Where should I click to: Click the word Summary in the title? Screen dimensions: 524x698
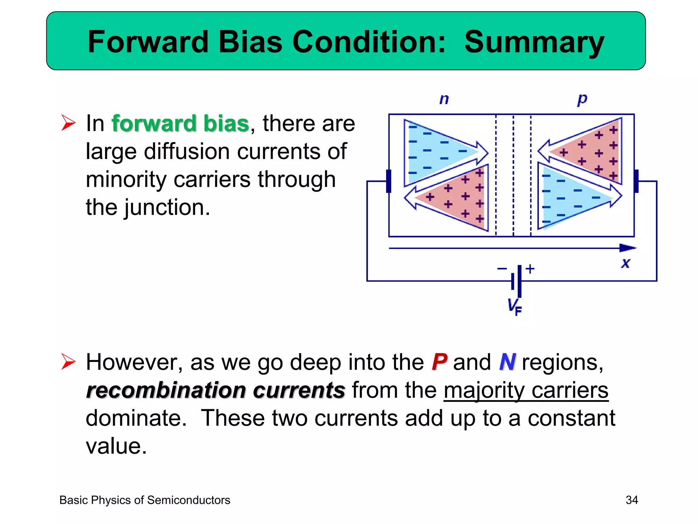click(x=534, y=42)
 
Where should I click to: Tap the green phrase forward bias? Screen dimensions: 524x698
click(x=180, y=123)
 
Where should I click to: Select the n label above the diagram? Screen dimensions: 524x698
click(x=444, y=99)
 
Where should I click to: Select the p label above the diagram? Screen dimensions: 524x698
click(x=582, y=99)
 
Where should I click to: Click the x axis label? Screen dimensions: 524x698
click(x=625, y=263)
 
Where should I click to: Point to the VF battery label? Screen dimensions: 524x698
click(x=514, y=306)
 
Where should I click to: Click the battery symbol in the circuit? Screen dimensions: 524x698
click(x=516, y=281)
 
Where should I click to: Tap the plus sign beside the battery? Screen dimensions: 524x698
click(x=530, y=269)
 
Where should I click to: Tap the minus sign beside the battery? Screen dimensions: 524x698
click(x=502, y=269)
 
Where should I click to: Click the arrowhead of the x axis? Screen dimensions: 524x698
click(x=627, y=248)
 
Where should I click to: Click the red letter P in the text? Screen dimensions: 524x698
click(x=439, y=362)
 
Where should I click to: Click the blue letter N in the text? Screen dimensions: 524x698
click(x=507, y=362)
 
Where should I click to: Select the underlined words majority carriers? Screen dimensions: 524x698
click(x=526, y=390)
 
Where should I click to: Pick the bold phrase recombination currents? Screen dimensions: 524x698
click(x=215, y=390)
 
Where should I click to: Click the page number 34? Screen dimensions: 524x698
click(x=632, y=500)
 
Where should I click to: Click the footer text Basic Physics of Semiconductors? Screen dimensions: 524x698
click(x=145, y=500)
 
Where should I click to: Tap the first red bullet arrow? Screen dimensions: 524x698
click(x=68, y=123)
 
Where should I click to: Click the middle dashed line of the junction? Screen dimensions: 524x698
click(x=513, y=176)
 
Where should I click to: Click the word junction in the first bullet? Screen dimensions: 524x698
click(x=167, y=207)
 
